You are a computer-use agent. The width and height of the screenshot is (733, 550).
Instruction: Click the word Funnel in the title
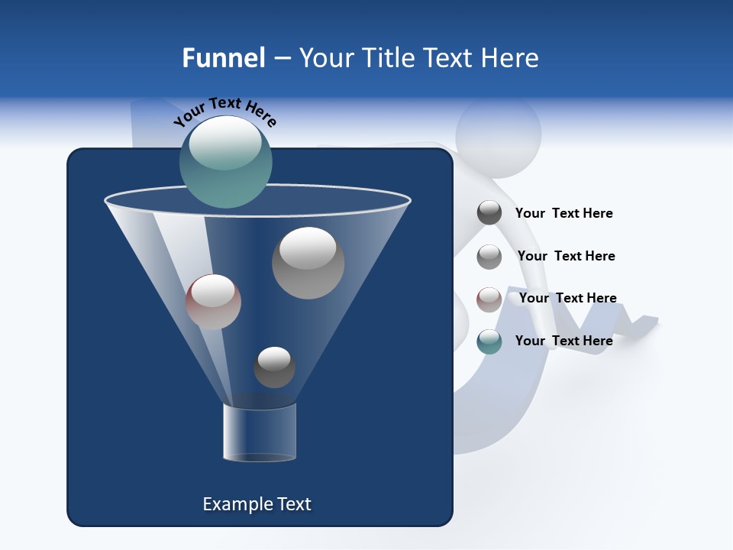point(223,58)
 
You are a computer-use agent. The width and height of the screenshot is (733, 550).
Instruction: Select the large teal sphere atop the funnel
point(226,162)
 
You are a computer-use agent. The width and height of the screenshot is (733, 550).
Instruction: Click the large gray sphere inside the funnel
point(308,263)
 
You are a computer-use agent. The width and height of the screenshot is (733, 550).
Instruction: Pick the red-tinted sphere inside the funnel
point(213,302)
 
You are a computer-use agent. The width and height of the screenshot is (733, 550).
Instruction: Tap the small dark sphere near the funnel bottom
point(274,367)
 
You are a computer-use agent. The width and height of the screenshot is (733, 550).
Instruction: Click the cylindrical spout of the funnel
point(259,433)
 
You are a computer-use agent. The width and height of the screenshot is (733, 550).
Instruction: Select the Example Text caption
point(257,504)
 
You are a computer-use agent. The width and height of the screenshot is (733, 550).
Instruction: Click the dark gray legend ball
point(489,213)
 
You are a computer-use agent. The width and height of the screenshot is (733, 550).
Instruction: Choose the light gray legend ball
point(489,257)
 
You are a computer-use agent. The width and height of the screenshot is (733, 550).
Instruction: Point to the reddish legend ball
point(489,299)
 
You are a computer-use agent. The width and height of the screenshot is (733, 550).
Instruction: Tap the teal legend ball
point(489,341)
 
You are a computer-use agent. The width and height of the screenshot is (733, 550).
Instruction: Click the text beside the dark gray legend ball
point(563,213)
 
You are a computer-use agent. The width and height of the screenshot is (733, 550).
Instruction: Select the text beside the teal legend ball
point(563,341)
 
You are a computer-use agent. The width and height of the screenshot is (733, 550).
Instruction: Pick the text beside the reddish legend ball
point(567,298)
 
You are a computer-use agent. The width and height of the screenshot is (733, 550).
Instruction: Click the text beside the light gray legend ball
point(566,256)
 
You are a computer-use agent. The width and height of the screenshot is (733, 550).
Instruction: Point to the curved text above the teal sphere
point(224,110)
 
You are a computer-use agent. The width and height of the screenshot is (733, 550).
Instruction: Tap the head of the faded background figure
point(498,134)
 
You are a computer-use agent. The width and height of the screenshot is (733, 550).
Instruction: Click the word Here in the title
point(509,58)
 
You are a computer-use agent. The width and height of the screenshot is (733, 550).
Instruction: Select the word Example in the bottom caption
point(235,504)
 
